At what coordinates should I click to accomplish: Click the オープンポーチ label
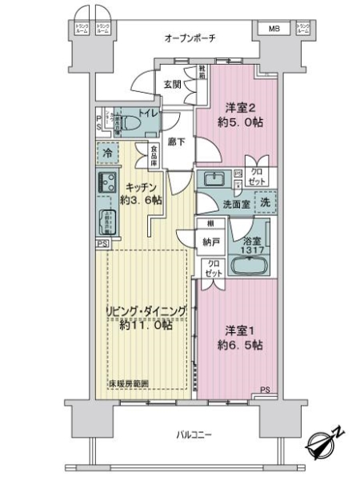point(190,38)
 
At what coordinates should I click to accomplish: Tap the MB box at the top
point(274,30)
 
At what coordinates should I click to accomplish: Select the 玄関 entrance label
point(173,83)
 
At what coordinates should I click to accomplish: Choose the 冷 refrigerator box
point(106,151)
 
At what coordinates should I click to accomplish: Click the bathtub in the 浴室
point(249,265)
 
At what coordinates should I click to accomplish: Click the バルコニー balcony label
point(194,435)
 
